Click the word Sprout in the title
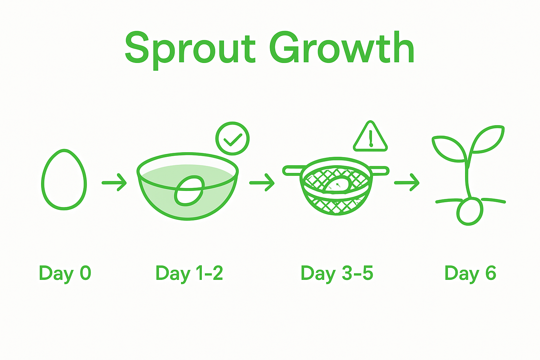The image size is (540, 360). pyautogui.click(x=190, y=49)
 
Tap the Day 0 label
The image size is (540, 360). pyautogui.click(x=65, y=273)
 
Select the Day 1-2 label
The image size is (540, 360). pyautogui.click(x=189, y=273)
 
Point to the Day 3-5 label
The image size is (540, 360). pyautogui.click(x=337, y=273)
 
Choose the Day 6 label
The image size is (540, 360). pyautogui.click(x=470, y=273)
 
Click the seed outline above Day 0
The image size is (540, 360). pyautogui.click(x=64, y=180)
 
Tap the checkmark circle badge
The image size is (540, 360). pyautogui.click(x=232, y=139)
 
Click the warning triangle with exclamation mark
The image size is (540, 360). pyautogui.click(x=370, y=138)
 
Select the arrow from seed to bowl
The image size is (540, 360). pyautogui.click(x=114, y=182)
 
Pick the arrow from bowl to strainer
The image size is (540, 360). pyautogui.click(x=262, y=182)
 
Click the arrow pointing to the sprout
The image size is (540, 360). pyautogui.click(x=407, y=182)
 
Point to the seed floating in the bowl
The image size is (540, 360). pyautogui.click(x=189, y=192)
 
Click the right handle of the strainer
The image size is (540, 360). pyautogui.click(x=380, y=171)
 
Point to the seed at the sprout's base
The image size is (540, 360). pyautogui.click(x=469, y=212)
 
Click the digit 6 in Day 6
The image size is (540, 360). pyautogui.click(x=491, y=273)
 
